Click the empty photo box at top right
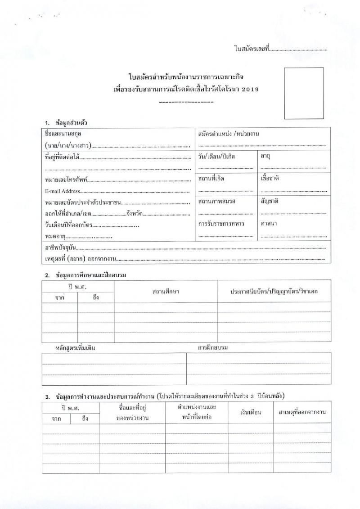(304, 93)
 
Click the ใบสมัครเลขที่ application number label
(251, 48)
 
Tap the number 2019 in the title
(250, 90)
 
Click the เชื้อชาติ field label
(270, 178)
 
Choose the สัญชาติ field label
(270, 201)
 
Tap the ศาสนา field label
(269, 223)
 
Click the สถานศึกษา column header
(166, 292)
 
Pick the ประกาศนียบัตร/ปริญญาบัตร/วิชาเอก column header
(274, 292)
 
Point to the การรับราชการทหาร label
(221, 223)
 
